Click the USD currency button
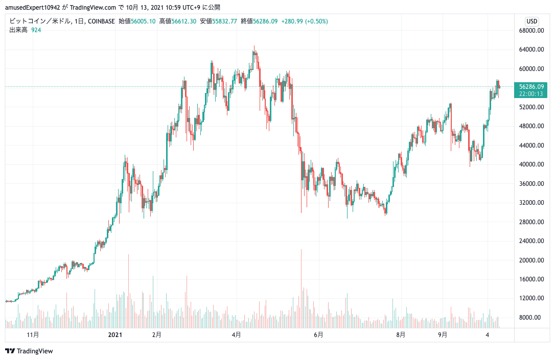(x=532, y=21)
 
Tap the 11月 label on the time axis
(x=33, y=335)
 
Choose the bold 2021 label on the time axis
(x=115, y=335)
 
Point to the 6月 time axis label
(x=318, y=335)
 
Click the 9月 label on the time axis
(x=443, y=335)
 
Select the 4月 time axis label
(x=236, y=335)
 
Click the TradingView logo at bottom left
(x=29, y=351)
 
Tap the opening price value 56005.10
(x=144, y=21)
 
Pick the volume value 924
(x=35, y=30)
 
